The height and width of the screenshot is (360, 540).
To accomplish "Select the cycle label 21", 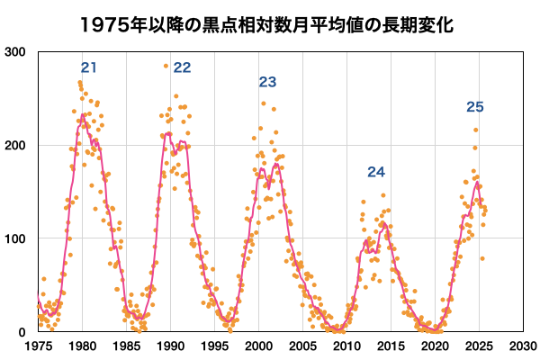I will point(89,67).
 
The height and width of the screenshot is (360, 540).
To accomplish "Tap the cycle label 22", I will point(182,67).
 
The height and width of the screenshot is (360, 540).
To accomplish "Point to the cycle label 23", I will point(267,82).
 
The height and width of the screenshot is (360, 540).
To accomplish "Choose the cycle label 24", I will point(376,172).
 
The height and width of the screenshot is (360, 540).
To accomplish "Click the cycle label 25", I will point(475,107).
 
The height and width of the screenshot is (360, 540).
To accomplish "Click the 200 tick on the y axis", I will point(15,145).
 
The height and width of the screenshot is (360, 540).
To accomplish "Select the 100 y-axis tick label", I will point(15,238).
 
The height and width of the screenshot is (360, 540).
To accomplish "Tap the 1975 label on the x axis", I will point(38,345).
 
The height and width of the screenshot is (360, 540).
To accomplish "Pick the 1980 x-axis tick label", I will point(82,345).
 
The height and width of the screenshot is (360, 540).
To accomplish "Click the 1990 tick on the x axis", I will point(170,345).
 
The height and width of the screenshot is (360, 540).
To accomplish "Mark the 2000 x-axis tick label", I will point(258,345).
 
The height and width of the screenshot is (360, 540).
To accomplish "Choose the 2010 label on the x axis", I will point(346,345).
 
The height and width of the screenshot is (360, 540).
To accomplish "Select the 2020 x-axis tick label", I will point(435,345).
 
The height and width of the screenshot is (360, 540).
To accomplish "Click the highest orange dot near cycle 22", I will point(166,66).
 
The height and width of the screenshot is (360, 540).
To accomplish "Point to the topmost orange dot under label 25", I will point(476,130).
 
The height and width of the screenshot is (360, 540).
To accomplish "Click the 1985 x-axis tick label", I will point(126,345).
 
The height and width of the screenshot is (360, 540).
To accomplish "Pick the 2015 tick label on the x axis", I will point(391,345).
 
